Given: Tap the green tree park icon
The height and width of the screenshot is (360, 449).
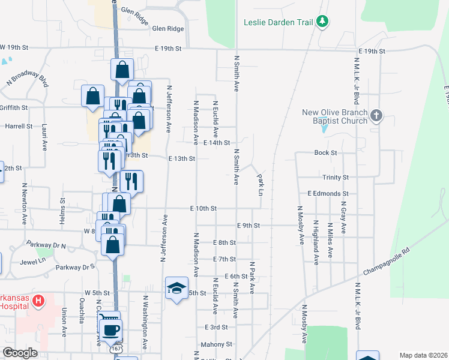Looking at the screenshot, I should click(x=324, y=22).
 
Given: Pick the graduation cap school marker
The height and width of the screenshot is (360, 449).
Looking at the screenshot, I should click(x=176, y=289).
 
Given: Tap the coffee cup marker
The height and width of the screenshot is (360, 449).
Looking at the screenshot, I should click(x=112, y=329).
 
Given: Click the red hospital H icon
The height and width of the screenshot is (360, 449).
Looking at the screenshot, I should click(x=38, y=300).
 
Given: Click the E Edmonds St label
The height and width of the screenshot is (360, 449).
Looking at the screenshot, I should click(x=328, y=194).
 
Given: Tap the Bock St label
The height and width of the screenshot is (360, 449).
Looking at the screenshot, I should click(x=326, y=153).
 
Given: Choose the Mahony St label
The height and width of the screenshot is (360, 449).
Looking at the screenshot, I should click(x=217, y=344).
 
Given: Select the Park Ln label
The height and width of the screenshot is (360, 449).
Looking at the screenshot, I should click(x=260, y=184).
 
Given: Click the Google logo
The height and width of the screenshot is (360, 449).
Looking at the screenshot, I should click(x=20, y=353).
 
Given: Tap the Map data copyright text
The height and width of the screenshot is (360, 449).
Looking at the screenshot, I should click(x=423, y=355).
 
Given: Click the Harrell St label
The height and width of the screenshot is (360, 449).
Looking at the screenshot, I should click(x=19, y=127).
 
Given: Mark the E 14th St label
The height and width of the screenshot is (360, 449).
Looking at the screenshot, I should click(x=217, y=143).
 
